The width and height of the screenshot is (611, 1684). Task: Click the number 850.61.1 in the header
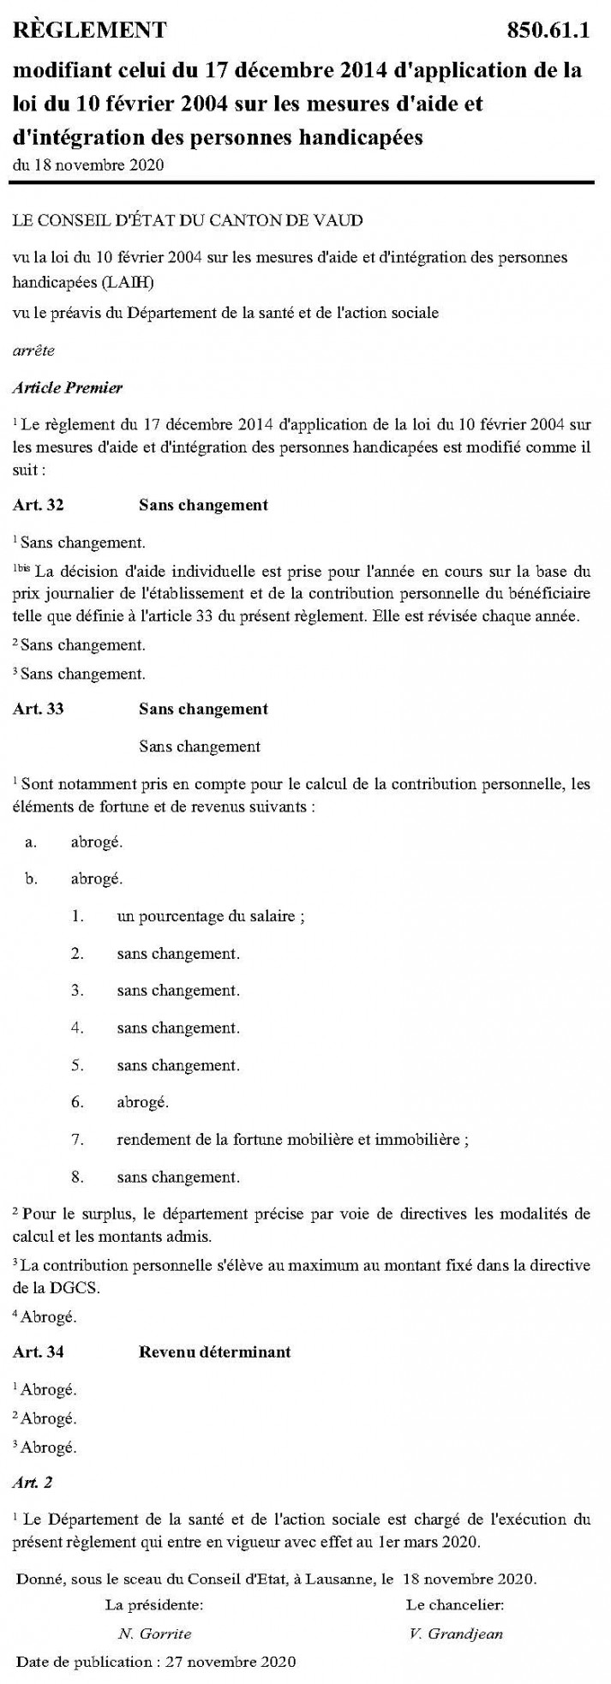[549, 32]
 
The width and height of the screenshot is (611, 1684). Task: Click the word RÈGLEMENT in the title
[89, 32]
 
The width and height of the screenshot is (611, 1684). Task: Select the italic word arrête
[32, 351]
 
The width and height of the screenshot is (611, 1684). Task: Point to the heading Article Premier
[68, 387]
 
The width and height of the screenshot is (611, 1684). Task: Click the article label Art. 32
[38, 505]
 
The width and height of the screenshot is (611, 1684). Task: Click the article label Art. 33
[38, 709]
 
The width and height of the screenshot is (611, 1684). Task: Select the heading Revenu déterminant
[214, 1351]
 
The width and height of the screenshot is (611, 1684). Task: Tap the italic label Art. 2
[32, 1482]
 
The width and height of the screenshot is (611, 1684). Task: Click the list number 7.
[77, 1139]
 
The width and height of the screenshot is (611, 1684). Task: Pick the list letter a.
[31, 842]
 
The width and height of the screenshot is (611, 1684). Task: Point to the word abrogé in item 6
[142, 1102]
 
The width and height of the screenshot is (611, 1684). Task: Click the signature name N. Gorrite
[154, 1633]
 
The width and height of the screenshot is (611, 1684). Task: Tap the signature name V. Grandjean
[456, 1633]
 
